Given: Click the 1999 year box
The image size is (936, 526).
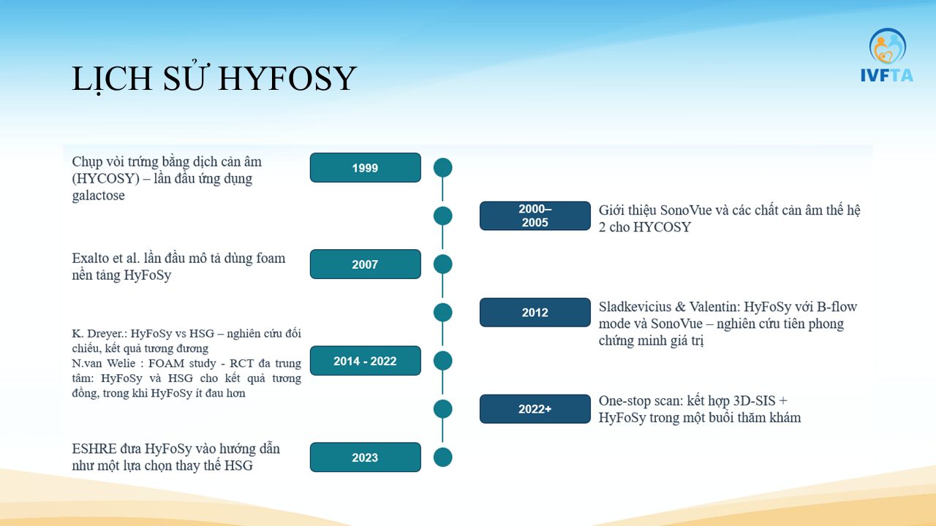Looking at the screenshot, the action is pos(365,167).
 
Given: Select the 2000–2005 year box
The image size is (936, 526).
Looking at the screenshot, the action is pos(535,216).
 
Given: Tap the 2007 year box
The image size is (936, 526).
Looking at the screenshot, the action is pos(365,264).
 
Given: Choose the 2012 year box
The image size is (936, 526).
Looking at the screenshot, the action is pos(535,312).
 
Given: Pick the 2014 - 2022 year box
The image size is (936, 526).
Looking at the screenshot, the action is pos(365,361).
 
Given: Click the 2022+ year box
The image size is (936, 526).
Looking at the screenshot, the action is pos(535,408).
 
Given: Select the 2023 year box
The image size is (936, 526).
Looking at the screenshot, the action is pos(365,457).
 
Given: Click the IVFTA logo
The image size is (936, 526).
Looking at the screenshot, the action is pos(887,55).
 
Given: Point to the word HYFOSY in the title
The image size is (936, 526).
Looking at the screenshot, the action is pos(287,78).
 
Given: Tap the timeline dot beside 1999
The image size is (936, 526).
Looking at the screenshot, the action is pos(443,167).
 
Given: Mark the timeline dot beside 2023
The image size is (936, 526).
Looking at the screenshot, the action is pos(443,457).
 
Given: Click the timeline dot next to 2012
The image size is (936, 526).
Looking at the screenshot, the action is pos(443,312).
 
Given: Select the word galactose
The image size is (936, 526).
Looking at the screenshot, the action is pos(98,196).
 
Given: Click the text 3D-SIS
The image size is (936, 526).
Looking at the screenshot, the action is pos(755,401).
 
